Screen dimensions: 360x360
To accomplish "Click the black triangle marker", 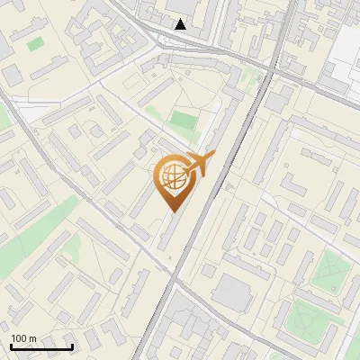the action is pos(181,24).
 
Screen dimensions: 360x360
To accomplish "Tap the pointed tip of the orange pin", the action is pos(172,212).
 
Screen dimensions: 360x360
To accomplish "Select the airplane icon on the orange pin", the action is pos(198,165).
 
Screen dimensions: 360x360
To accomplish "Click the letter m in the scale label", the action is pos(32,337).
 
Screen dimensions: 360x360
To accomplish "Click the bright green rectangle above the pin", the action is pos(184,120).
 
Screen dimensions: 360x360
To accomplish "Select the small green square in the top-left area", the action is pos(35,42).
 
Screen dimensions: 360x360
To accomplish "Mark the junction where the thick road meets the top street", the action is pos(270,70).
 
